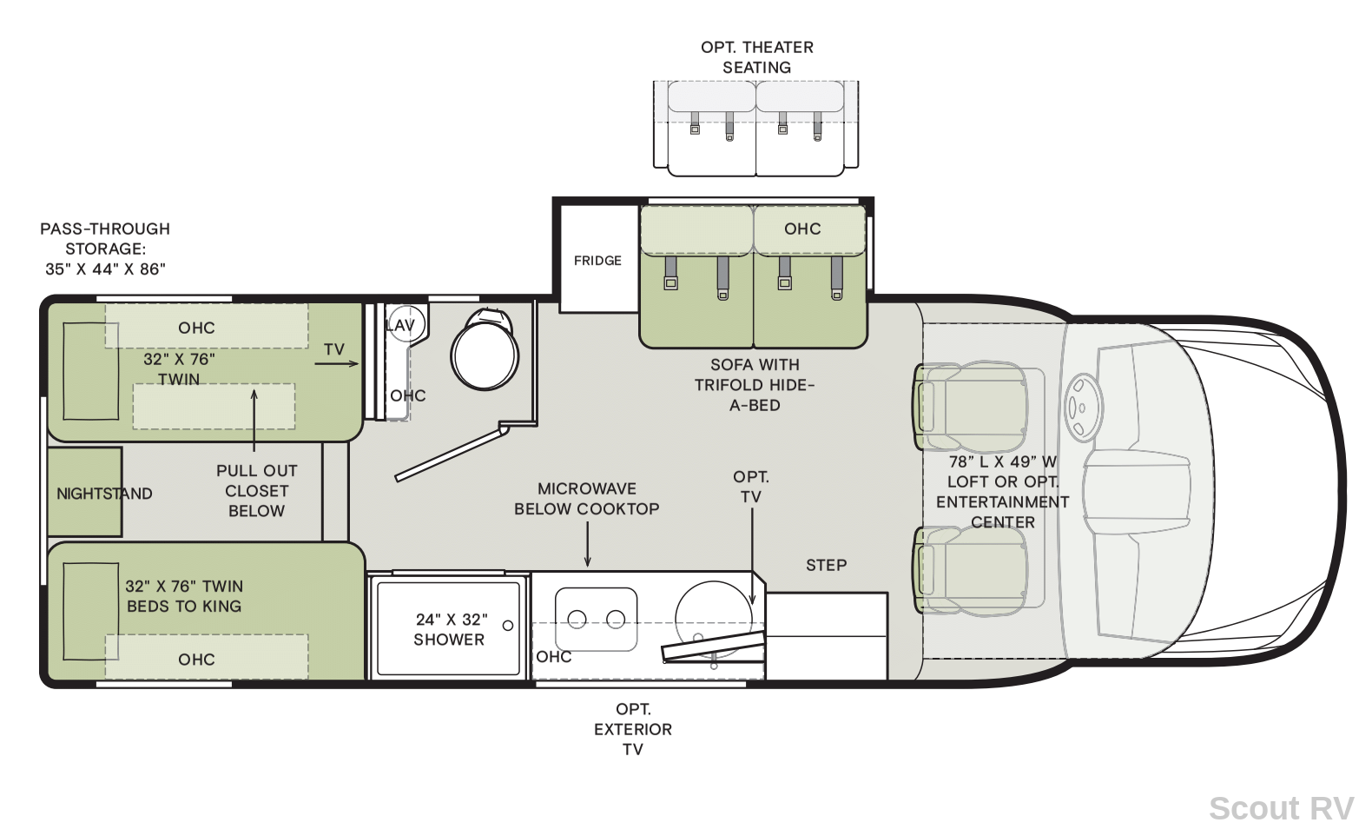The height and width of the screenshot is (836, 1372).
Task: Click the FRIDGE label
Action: click(x=597, y=261)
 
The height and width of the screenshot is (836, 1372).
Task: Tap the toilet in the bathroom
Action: click(x=485, y=349)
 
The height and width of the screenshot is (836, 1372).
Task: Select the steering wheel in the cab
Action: click(x=1083, y=407)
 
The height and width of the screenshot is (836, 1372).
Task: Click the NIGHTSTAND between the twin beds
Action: click(x=85, y=492)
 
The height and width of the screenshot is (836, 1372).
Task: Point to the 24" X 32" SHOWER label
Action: click(x=450, y=629)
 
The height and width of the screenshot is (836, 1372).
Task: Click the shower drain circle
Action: click(x=508, y=626)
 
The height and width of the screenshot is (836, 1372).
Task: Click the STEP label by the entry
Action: click(x=827, y=565)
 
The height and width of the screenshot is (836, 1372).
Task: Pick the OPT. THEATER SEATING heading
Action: click(x=757, y=57)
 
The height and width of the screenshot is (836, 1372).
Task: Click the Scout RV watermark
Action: click(x=1281, y=808)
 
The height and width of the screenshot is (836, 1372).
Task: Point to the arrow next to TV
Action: click(x=336, y=363)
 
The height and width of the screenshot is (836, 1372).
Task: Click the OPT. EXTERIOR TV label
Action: click(x=633, y=729)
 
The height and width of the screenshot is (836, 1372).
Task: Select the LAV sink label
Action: click(x=400, y=326)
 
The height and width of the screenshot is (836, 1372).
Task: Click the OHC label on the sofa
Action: click(x=802, y=229)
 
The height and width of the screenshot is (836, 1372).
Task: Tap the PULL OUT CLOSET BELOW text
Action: click(x=257, y=491)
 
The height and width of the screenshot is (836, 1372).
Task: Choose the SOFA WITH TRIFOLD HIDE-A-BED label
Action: click(x=755, y=385)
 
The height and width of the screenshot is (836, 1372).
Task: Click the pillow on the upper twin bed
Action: click(x=90, y=371)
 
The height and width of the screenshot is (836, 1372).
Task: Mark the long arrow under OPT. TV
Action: click(x=752, y=556)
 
